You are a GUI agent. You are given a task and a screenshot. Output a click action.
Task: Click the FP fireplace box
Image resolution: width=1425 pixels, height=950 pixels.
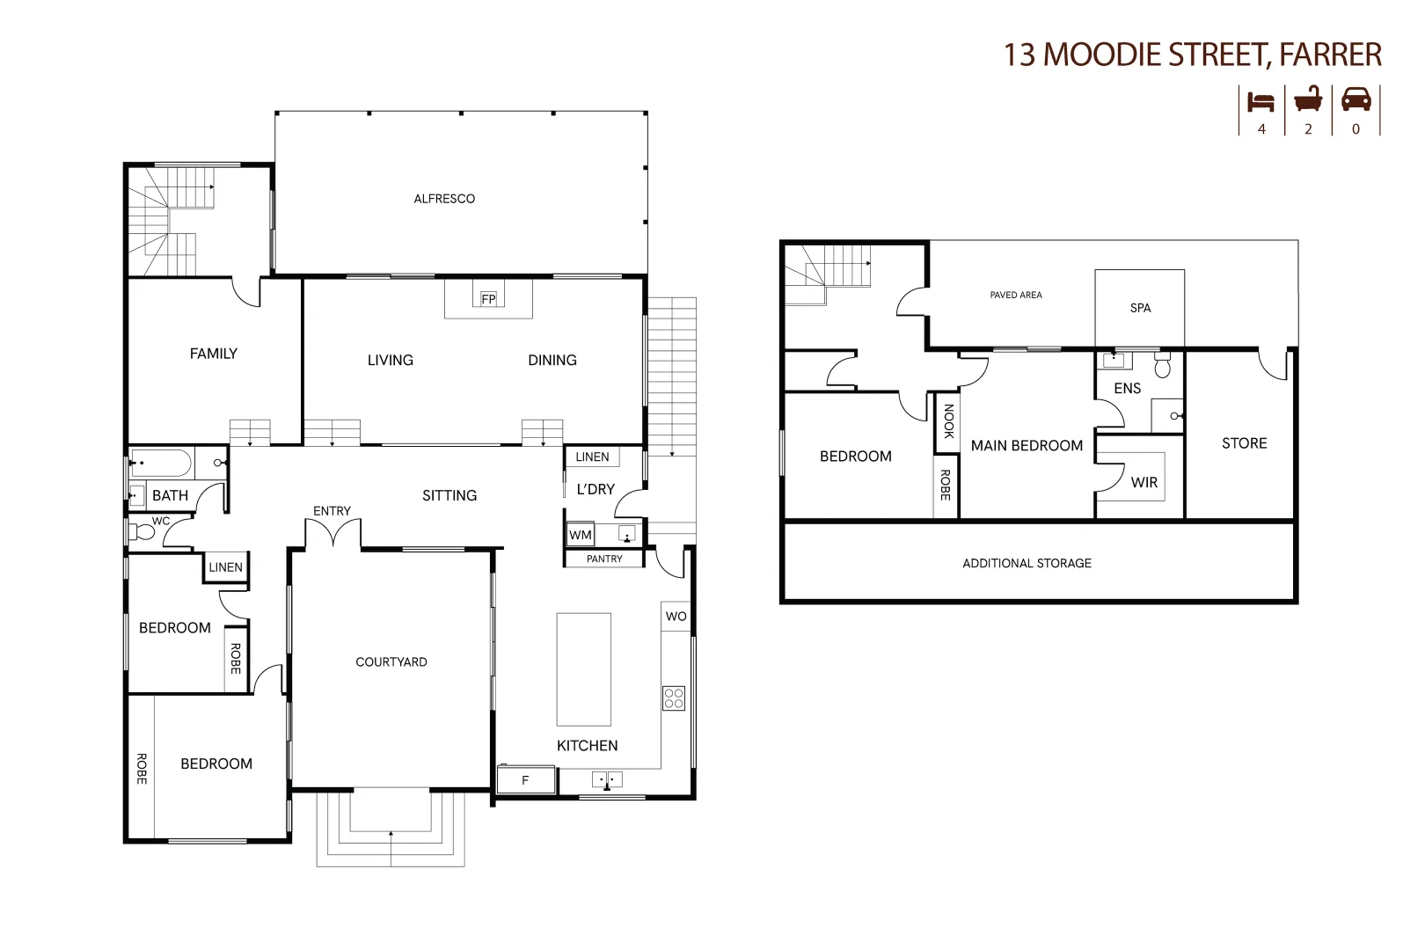(x=488, y=299)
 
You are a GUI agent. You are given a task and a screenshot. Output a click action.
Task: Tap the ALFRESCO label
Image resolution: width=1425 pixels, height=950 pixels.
(x=444, y=199)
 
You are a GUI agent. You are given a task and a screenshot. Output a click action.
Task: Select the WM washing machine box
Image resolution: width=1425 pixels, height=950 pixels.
(x=581, y=535)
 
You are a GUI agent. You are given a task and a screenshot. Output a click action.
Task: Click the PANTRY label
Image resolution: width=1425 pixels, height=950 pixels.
(x=604, y=559)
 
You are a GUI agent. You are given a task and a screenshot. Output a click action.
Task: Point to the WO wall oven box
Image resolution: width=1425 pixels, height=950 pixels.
(x=676, y=616)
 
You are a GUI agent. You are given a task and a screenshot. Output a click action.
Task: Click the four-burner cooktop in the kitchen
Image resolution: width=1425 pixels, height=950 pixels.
(x=674, y=698)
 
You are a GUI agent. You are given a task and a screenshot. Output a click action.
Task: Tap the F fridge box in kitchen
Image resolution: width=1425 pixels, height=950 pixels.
(x=526, y=779)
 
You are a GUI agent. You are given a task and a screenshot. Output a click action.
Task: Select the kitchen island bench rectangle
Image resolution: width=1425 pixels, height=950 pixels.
(x=583, y=669)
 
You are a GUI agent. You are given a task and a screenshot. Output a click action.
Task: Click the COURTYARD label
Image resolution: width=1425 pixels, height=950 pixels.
(x=391, y=661)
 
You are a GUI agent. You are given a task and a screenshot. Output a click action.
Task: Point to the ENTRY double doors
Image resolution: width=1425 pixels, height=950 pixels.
(x=332, y=532)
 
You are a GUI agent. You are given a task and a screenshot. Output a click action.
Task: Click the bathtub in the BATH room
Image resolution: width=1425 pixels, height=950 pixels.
(x=161, y=463)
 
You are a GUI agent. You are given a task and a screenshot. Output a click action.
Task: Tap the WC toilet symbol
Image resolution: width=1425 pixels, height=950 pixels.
(x=141, y=532)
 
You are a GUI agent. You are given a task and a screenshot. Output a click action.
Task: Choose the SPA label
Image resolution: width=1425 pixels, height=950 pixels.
(x=1140, y=308)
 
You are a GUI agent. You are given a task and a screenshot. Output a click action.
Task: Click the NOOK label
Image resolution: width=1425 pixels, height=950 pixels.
(x=948, y=420)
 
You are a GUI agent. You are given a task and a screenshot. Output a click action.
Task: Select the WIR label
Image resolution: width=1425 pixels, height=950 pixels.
(x=1144, y=482)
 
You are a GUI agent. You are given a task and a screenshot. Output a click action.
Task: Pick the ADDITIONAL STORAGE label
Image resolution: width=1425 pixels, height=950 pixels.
(x=1027, y=563)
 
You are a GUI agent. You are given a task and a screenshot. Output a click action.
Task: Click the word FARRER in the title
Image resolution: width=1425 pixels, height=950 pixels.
(x=1330, y=55)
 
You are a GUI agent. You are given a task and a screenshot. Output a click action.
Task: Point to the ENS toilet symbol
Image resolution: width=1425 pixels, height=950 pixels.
(x=1163, y=366)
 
